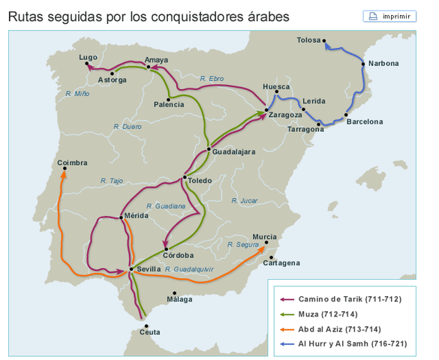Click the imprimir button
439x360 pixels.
[x=389, y=16]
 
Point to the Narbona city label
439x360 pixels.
[x=383, y=63]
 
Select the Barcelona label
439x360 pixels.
[x=365, y=121]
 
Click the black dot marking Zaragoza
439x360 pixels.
[x=266, y=110]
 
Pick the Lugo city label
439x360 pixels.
[x=88, y=57]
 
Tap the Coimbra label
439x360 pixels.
[x=72, y=162]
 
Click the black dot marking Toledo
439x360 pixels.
[x=184, y=178]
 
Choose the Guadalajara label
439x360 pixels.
[x=234, y=151]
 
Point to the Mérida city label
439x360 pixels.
[x=137, y=216]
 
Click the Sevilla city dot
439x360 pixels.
[x=131, y=268]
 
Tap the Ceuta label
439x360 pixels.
[x=150, y=331]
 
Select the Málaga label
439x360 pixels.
[x=179, y=299]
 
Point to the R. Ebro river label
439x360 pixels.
[x=212, y=78]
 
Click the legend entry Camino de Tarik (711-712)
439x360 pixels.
[x=350, y=298]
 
